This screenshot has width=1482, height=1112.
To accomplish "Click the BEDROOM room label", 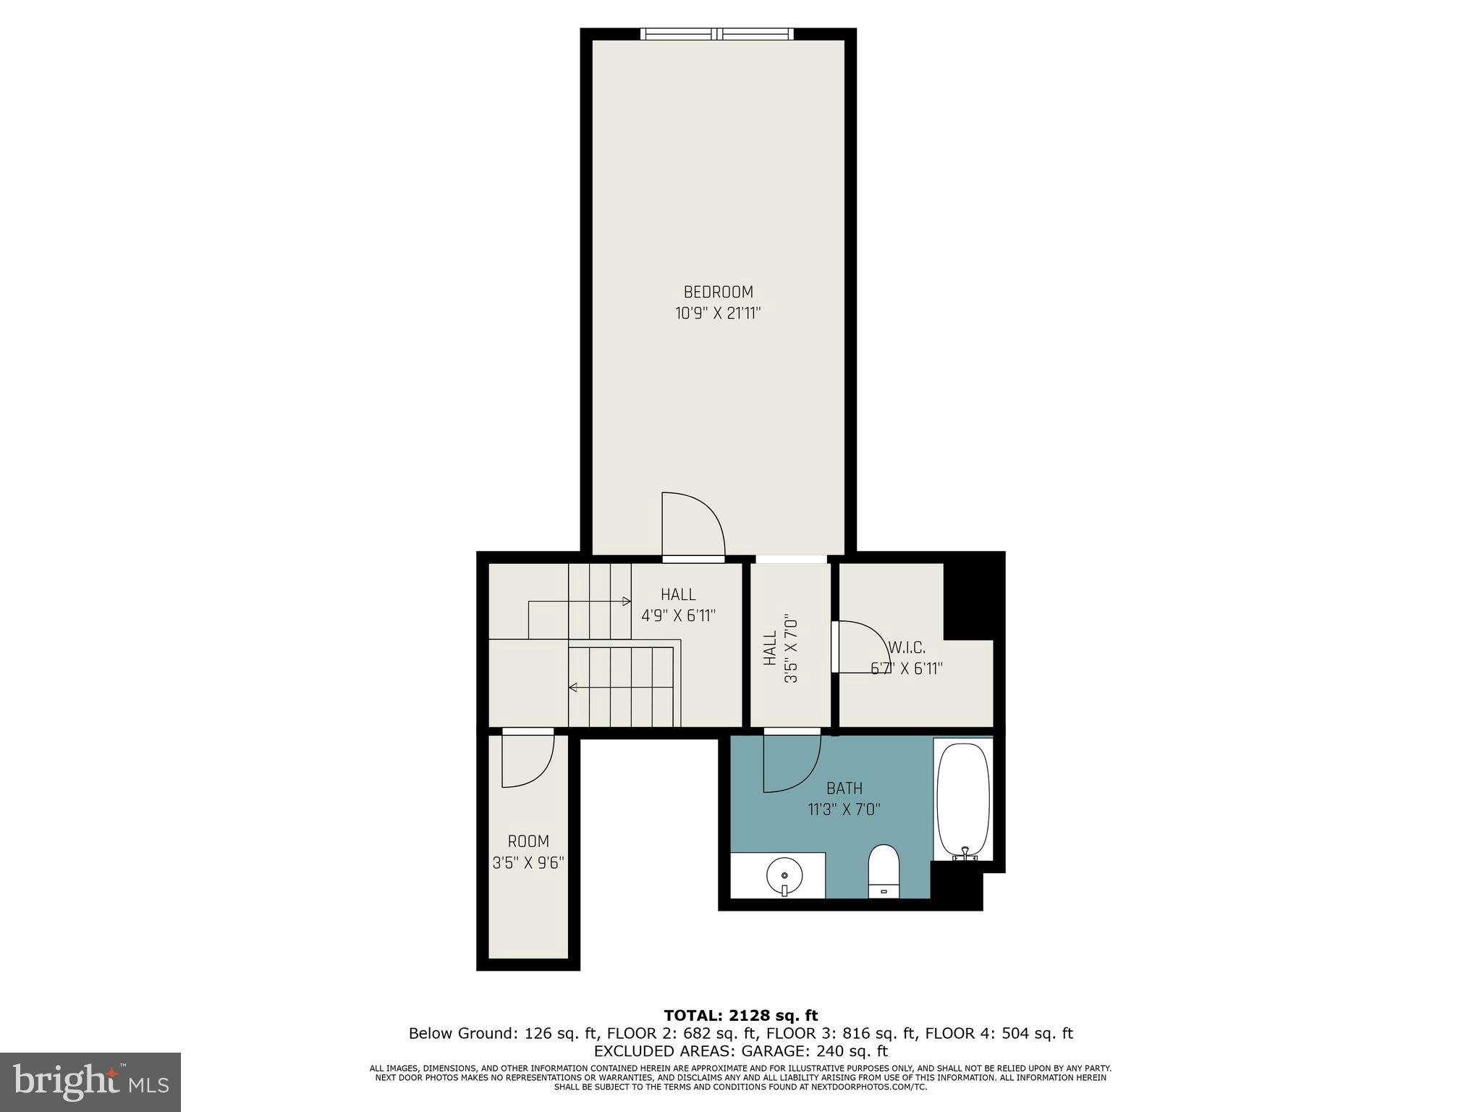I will pyautogui.click(x=718, y=292).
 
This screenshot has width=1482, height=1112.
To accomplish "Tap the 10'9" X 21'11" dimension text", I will pyautogui.click(x=718, y=313).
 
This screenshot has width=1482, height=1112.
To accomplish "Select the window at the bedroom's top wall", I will pyautogui.click(x=716, y=33).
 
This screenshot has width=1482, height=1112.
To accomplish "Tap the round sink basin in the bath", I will pyautogui.click(x=784, y=877).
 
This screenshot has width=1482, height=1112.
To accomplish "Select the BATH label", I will pyautogui.click(x=844, y=788).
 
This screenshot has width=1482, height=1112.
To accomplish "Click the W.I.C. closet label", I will pyautogui.click(x=907, y=648).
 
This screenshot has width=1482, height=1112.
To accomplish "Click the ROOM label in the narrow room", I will pyautogui.click(x=528, y=841).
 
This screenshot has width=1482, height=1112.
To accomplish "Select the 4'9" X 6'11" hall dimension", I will pyautogui.click(x=678, y=616).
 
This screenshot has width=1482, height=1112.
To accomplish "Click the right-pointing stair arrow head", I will pyautogui.click(x=627, y=601).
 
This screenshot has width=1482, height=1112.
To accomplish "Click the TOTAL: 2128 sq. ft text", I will pyautogui.click(x=740, y=1016).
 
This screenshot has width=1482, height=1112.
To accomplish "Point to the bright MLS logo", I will pyautogui.click(x=90, y=1082).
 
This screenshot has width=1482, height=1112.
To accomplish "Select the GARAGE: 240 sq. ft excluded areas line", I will pyautogui.click(x=740, y=1050).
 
